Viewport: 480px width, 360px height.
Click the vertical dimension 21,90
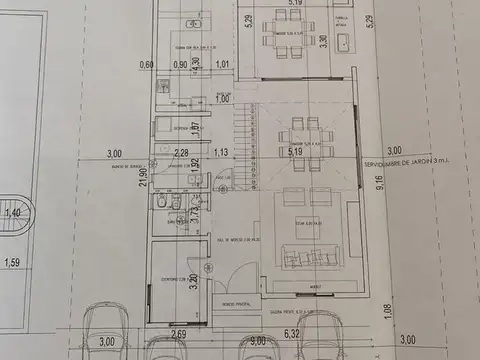143,177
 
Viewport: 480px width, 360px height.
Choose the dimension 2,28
181,153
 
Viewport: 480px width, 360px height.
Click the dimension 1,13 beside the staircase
221,153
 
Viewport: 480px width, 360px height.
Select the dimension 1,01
222,65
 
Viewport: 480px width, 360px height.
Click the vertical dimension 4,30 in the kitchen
196,61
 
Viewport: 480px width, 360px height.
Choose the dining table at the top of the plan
287,30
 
